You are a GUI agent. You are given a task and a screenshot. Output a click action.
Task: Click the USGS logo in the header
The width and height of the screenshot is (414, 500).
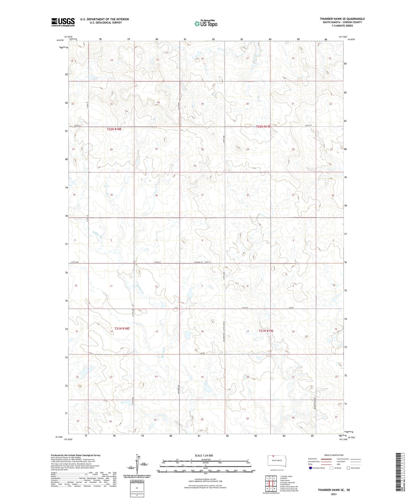[63, 22]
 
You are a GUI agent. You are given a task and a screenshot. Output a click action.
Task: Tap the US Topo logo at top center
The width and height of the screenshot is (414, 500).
[205, 23]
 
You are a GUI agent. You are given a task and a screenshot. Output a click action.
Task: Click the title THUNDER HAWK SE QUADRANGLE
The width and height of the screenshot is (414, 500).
[342, 19]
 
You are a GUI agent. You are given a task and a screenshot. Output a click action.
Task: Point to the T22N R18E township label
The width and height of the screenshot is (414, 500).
[114, 129]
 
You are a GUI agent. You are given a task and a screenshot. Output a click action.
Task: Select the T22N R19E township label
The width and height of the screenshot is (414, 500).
[263, 126]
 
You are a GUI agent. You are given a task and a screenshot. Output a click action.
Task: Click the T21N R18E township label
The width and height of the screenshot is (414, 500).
[122, 329]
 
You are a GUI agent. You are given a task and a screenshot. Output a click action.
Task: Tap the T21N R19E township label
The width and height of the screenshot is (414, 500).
[266, 331]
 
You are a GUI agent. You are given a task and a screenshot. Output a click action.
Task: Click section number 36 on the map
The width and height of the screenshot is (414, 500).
[156, 195]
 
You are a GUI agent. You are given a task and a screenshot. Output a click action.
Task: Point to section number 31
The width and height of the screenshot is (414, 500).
[202, 195]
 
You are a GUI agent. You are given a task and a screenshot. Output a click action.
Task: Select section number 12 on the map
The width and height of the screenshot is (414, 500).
[156, 286]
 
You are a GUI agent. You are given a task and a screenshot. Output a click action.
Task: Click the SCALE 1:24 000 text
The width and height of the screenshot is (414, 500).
[204, 455]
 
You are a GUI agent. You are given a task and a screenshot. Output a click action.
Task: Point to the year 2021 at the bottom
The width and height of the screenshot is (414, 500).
[333, 494]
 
